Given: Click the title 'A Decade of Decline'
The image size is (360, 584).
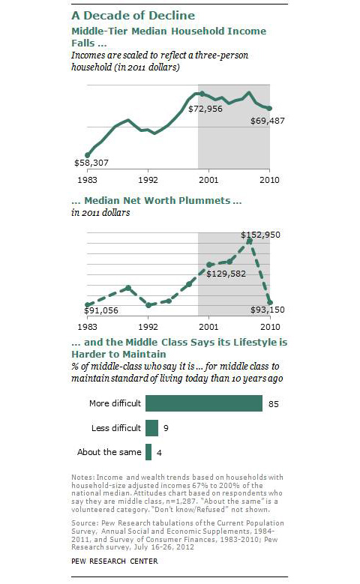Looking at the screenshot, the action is pyautogui.click(x=133, y=15).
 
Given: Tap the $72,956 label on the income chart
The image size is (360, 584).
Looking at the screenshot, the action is pyautogui.click(x=205, y=109).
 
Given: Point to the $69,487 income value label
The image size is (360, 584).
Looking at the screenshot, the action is pyautogui.click(x=268, y=121).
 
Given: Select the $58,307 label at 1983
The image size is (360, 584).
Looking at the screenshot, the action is pyautogui.click(x=91, y=163).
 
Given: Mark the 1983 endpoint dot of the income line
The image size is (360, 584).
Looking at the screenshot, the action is pyautogui.click(x=88, y=155).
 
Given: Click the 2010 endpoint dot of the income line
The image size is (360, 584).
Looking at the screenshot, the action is pyautogui.click(x=270, y=109).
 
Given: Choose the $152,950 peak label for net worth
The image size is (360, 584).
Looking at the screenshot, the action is pyautogui.click(x=260, y=235).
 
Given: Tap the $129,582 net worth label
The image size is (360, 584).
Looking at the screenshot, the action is pyautogui.click(x=226, y=274).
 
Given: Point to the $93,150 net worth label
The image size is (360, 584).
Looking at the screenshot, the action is pyautogui.click(x=268, y=310).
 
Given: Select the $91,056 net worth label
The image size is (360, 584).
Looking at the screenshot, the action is pyautogui.click(x=101, y=310).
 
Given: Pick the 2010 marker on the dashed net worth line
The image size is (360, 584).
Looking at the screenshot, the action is pyautogui.click(x=270, y=303).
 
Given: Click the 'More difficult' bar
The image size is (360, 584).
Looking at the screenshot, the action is pyautogui.click(x=204, y=403).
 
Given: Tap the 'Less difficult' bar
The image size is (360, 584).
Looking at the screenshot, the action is pyautogui.click(x=151, y=428).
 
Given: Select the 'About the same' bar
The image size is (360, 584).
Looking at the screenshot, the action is pyautogui.click(x=148, y=452).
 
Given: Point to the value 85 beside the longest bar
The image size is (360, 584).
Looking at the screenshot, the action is pyautogui.click(x=274, y=404).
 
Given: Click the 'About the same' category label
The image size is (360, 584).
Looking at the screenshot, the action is pyautogui.click(x=109, y=452).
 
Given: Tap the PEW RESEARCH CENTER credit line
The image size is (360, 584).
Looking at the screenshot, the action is pyautogui.click(x=115, y=561).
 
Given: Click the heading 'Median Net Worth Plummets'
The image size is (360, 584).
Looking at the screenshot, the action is pyautogui.click(x=157, y=200).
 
